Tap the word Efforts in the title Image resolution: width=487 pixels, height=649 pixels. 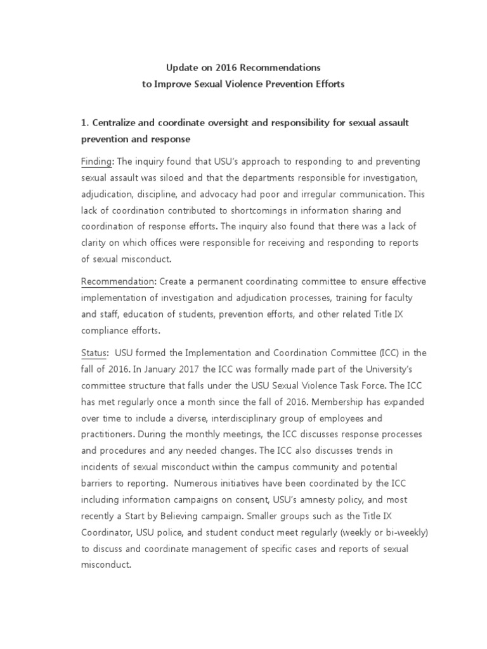[x=328, y=84]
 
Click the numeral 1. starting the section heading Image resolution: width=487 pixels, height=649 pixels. [x=86, y=122]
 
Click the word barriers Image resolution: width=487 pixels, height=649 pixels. [x=98, y=484]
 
